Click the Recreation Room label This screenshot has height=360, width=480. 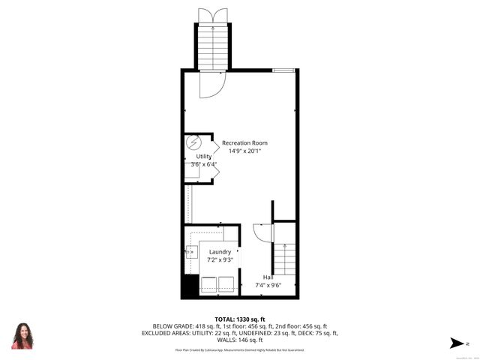pos(244,142)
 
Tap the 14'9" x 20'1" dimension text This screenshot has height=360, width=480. pos(244,151)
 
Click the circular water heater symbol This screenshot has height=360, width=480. pos(193,142)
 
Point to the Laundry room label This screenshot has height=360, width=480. pos(220,252)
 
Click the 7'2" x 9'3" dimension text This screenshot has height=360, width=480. pos(220,260)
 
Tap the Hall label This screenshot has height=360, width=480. pos(268,277)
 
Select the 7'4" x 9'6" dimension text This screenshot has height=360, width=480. pos(268,285)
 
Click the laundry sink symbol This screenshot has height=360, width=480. pos(191,251)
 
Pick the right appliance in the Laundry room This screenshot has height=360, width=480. pos(226,283)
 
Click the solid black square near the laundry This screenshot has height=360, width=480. pos(190,285)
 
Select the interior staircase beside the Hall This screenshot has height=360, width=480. pos(286,259)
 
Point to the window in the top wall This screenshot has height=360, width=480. pos(283,70)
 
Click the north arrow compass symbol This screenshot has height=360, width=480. pos(454,343)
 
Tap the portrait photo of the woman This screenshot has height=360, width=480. pos(22,336)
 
